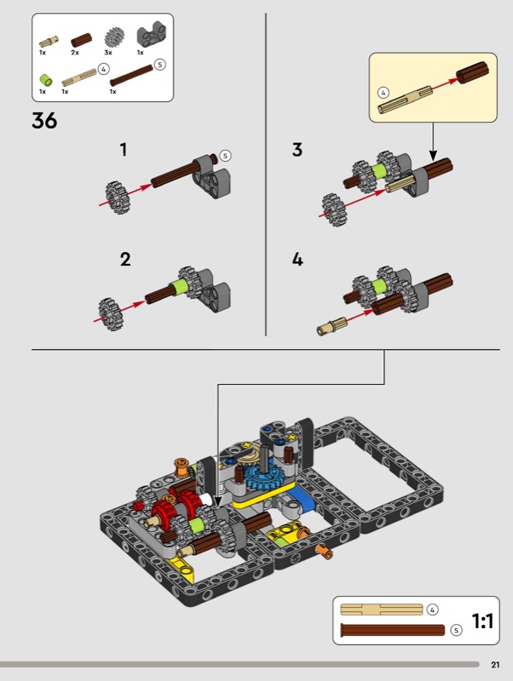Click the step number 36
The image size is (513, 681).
tap(44, 120)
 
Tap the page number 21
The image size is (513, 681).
tap(495, 665)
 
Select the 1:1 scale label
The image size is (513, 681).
tap(482, 621)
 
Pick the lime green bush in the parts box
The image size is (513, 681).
tap(46, 80)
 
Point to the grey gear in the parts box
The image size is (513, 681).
tap(114, 37)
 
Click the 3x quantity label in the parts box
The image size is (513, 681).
tap(108, 53)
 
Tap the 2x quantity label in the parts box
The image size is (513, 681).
tap(75, 53)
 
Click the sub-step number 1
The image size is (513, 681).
tap(124, 150)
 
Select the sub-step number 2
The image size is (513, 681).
tap(125, 260)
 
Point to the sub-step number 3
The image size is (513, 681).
tap(297, 150)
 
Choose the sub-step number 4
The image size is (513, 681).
tap(297, 260)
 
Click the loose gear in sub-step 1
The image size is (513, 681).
tap(116, 197)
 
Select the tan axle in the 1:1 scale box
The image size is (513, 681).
tap(381, 609)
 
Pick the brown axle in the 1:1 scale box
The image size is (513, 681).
tap(393, 630)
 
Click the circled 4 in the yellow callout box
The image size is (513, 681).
tap(383, 93)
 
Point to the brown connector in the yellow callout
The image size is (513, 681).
tap(473, 72)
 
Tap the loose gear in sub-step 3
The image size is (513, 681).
tap(333, 210)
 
